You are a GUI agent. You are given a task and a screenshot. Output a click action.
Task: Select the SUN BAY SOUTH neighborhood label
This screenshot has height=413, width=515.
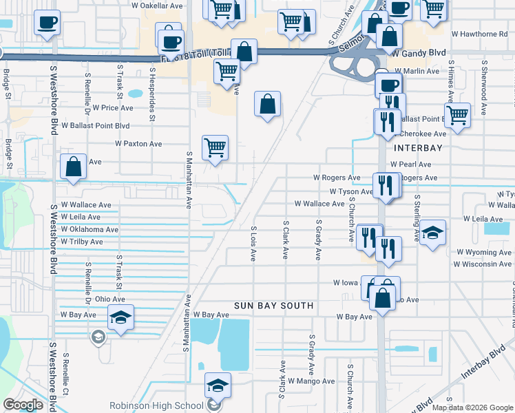tap(273, 305)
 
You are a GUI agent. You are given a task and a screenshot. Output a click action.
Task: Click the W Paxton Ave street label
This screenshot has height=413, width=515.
tap(138, 144)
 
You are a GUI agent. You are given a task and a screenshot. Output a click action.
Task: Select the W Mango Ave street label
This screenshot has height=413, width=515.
tap(311, 381)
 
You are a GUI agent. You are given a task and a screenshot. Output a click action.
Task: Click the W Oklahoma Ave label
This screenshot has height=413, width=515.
tap(90, 229)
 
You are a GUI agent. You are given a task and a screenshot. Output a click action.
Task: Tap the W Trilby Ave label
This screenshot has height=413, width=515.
tap(82, 242)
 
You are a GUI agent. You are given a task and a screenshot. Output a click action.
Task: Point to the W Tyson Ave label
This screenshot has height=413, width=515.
tap(351, 191)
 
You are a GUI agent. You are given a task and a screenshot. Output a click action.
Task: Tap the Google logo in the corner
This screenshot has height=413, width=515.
tap(24, 405)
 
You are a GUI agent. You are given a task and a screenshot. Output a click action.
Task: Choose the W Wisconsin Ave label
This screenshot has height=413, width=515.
tap(483, 264)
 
